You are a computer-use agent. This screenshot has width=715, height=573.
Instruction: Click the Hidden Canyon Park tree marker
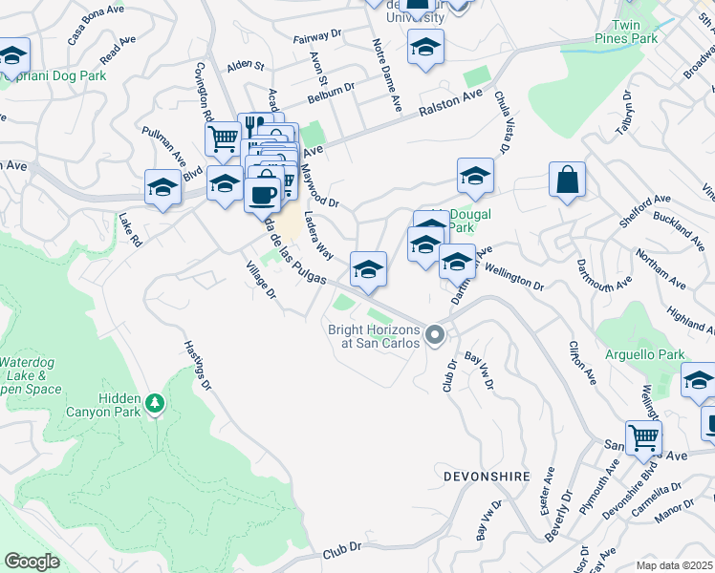pyautogui.click(x=154, y=406)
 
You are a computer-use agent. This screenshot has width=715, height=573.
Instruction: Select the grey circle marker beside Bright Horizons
pyautogui.click(x=436, y=335)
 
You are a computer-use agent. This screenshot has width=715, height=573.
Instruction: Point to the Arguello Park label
pyautogui.click(x=644, y=354)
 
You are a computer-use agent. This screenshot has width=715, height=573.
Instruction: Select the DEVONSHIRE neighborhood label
pyautogui.click(x=487, y=474)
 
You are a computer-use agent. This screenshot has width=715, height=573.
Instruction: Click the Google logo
pyautogui.click(x=32, y=562)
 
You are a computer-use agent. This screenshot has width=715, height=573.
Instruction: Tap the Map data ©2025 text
pyautogui.click(x=674, y=565)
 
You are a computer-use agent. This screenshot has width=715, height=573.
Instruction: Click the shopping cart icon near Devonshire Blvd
pyautogui.click(x=643, y=437)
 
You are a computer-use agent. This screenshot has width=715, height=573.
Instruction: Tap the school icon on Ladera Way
pyautogui.click(x=367, y=269)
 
